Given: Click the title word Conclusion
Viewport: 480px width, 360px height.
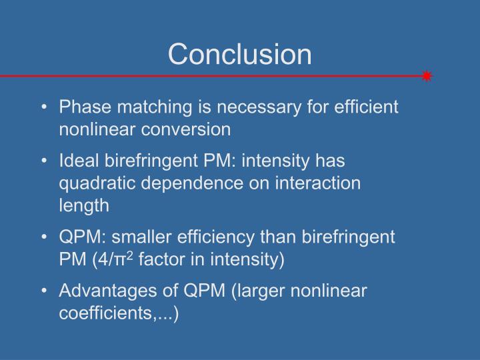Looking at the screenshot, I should point(240,54).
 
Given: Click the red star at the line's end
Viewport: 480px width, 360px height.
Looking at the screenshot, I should point(427,76).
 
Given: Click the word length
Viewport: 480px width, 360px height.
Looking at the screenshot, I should point(84,205).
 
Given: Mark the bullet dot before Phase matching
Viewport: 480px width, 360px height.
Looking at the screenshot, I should point(43,107).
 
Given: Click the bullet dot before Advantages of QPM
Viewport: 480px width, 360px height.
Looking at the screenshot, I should point(43,291).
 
